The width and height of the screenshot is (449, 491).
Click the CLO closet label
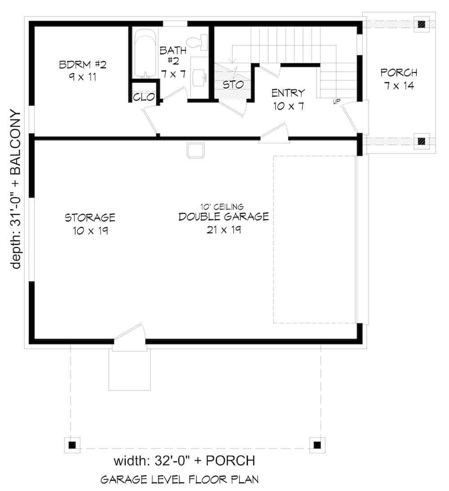[144, 97]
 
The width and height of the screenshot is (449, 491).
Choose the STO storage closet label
[233, 84]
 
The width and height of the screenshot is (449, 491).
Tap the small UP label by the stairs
[336, 102]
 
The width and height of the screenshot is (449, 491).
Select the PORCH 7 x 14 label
[399, 79]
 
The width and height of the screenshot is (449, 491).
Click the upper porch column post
[421, 24]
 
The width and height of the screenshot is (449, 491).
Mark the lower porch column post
[421, 142]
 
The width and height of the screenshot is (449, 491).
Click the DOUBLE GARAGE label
[223, 217]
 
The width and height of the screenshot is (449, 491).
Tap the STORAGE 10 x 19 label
[90, 224]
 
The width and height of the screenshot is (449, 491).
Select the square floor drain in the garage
[196, 151]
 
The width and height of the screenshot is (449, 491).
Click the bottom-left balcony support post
[72, 445]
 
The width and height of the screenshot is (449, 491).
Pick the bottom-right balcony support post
[317, 445]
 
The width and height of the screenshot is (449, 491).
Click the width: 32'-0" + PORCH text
[184, 461]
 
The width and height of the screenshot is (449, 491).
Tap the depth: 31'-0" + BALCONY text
[16, 189]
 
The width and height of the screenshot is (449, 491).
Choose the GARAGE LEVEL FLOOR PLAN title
[179, 480]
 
